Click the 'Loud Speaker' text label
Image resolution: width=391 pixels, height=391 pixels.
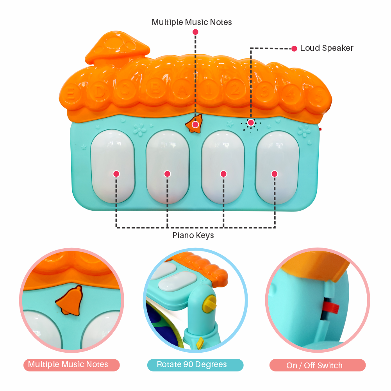point(327,48)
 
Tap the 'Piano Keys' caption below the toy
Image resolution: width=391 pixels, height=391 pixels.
point(193,236)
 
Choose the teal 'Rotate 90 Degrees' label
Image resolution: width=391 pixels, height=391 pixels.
point(192,364)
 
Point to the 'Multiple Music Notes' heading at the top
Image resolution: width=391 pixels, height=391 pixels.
point(192,22)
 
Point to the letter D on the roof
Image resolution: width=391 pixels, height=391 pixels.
point(100,91)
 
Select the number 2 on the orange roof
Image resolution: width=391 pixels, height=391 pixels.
point(235,90)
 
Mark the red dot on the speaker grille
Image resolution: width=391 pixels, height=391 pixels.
point(251,123)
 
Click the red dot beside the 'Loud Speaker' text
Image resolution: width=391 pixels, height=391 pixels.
point(294,48)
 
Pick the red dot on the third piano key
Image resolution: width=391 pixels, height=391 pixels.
point(223,174)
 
